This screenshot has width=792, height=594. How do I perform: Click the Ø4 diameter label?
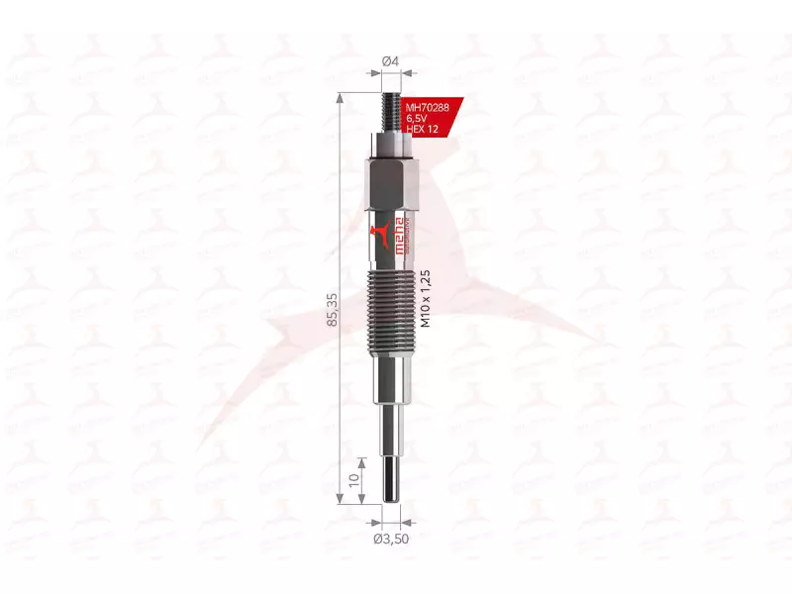point(391,61)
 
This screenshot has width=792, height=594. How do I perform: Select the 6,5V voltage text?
point(420,119)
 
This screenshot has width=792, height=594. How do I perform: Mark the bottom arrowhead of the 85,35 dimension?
point(341,502)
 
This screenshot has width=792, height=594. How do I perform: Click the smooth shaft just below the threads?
point(391,381)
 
